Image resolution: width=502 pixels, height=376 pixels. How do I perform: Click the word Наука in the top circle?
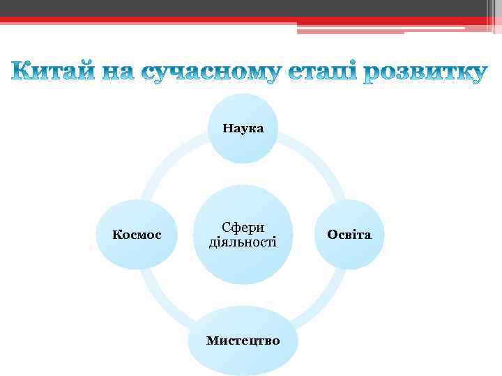point(243,128)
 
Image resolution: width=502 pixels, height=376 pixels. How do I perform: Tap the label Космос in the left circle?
point(137,235)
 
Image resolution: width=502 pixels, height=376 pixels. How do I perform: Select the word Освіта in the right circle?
point(349,235)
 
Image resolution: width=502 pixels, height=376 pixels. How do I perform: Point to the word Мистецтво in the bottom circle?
point(243,340)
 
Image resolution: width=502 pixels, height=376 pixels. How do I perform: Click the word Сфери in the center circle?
point(243,228)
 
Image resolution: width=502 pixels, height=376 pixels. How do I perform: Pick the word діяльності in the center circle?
point(243,242)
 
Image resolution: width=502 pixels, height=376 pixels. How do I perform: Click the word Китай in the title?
point(52,72)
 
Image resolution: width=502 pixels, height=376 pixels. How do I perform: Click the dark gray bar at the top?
point(244,8)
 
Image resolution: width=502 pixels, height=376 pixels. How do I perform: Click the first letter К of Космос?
point(116,235)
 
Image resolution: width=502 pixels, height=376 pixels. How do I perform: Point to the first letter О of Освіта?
point(331,235)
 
